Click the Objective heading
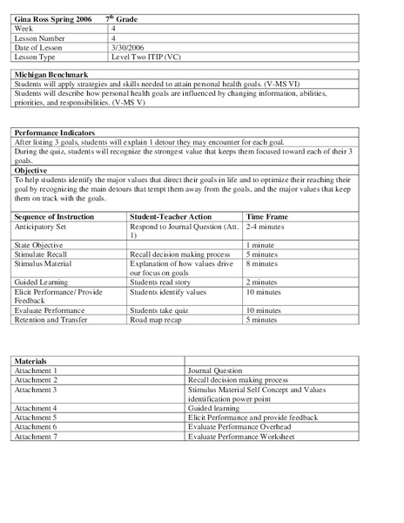point(30,170)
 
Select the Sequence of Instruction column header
point(57,216)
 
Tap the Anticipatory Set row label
point(40,226)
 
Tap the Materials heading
point(30,361)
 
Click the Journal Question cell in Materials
point(218,370)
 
